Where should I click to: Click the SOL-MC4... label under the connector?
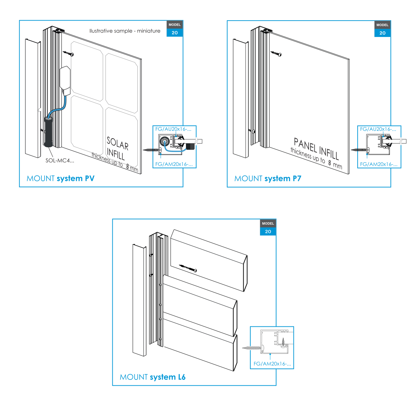(60, 160)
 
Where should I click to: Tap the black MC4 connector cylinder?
(48, 132)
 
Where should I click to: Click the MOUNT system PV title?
(60, 178)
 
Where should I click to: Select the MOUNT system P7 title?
(267, 178)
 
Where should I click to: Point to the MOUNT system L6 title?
(152, 377)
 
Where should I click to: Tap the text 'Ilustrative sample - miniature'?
(125, 31)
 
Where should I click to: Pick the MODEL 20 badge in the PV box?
(175, 29)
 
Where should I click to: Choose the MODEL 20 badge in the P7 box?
(382, 29)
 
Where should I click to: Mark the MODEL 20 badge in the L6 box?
(268, 227)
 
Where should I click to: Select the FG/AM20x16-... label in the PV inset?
(174, 164)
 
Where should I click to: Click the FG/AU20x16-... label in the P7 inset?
(378, 129)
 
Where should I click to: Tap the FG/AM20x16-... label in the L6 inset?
(272, 364)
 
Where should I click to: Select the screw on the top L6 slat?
(189, 268)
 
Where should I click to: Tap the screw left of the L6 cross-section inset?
(251, 348)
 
